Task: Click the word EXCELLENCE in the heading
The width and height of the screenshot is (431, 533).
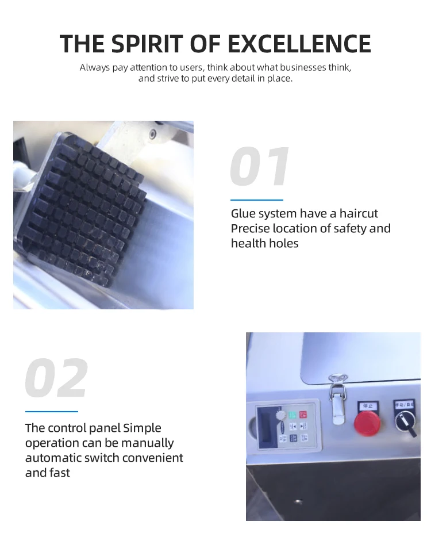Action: pos(299,44)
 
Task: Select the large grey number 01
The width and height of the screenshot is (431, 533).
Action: pos(260,168)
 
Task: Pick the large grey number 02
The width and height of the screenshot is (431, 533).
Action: pos(56,378)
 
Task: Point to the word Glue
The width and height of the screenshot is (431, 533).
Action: pos(243,214)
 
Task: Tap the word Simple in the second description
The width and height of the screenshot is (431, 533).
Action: pos(142,428)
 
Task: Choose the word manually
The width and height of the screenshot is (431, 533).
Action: pos(147,443)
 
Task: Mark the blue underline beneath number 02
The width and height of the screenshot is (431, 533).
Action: pos(51,411)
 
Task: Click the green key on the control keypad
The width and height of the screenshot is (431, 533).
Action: pos(293,414)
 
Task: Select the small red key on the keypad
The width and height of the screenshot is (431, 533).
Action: pos(303,414)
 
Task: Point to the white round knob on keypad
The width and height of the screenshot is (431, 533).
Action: pos(280,415)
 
